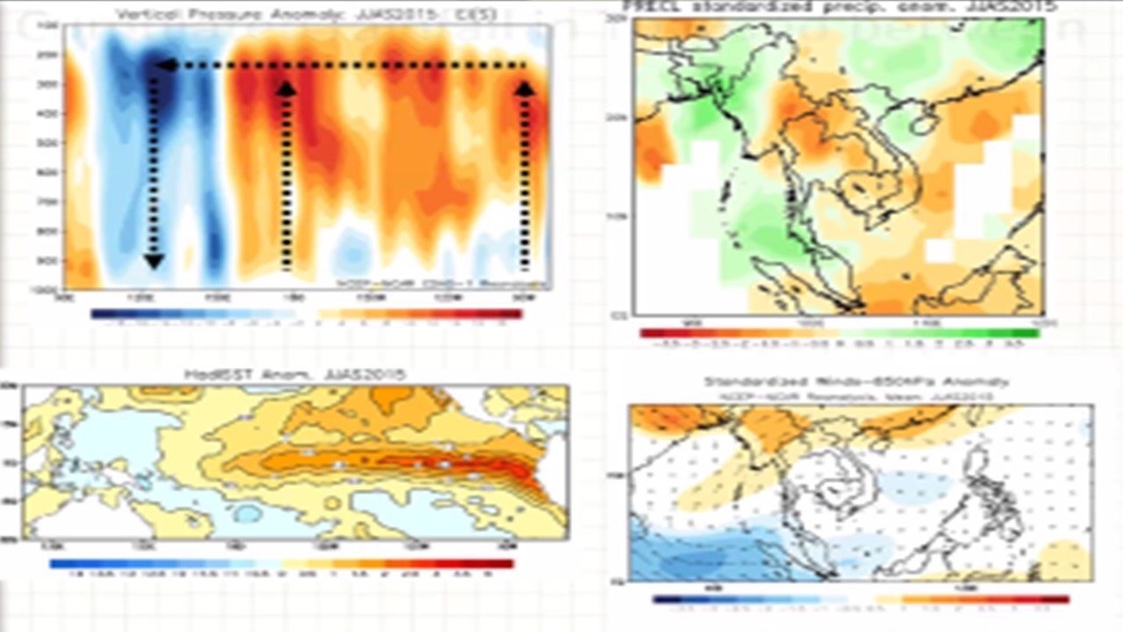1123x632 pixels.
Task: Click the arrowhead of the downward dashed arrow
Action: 154,260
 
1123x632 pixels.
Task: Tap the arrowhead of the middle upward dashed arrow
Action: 286,88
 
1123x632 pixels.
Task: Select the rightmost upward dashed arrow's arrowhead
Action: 525,88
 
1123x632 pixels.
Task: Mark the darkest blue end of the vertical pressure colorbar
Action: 97,313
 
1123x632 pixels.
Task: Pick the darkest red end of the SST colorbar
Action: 507,564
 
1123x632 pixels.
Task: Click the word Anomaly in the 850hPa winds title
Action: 977,382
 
